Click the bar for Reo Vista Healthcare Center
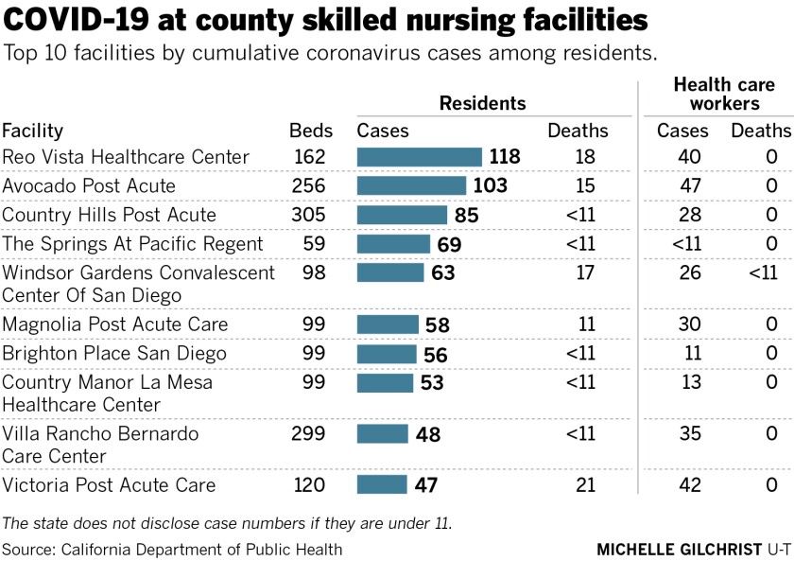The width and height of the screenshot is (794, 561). [419, 157]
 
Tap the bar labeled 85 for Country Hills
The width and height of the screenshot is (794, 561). [402, 215]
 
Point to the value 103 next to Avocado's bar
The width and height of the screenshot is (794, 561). [489, 186]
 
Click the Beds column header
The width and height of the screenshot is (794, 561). [307, 131]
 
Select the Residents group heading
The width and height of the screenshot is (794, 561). [482, 103]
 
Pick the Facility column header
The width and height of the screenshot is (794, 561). [32, 131]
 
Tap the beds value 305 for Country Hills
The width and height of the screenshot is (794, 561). [307, 215]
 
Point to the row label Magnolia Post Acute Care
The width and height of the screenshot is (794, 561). [114, 324]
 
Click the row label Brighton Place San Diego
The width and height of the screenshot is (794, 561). [113, 354]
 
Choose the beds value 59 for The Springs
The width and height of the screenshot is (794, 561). [312, 244]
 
